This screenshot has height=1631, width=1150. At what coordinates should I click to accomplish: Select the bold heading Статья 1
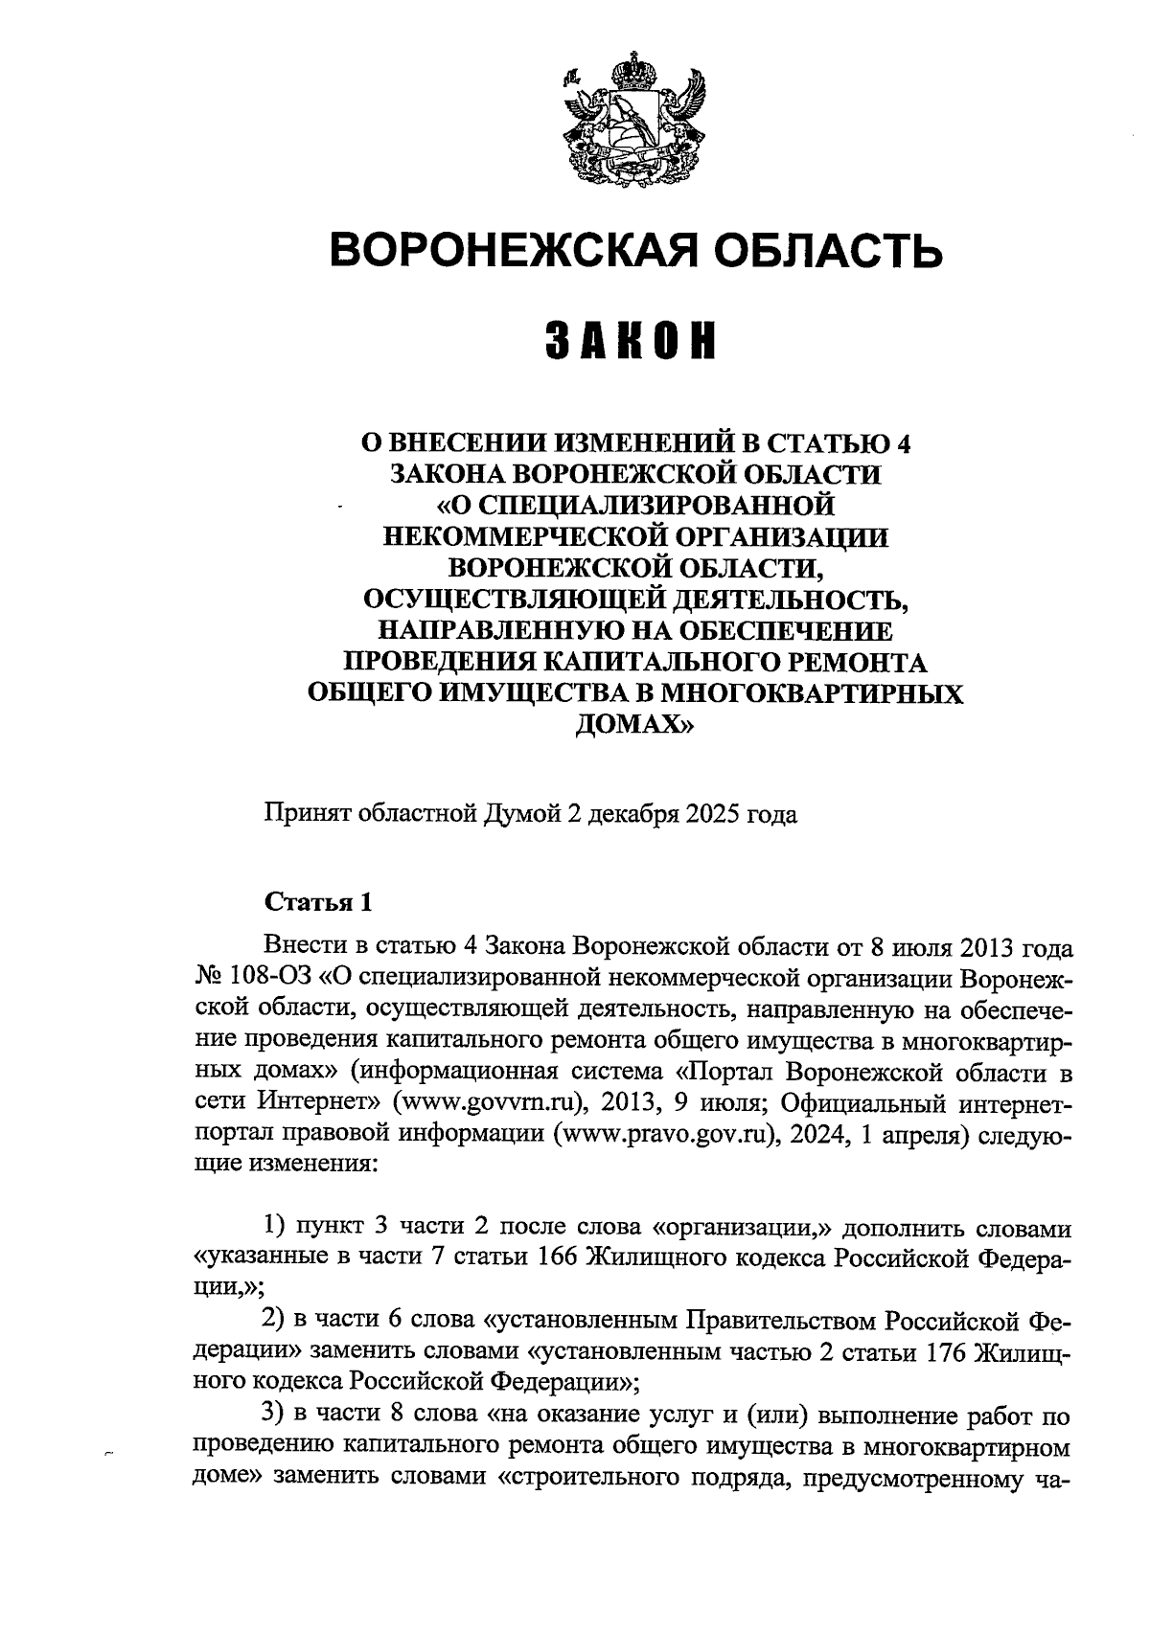pyautogui.click(x=317, y=901)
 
